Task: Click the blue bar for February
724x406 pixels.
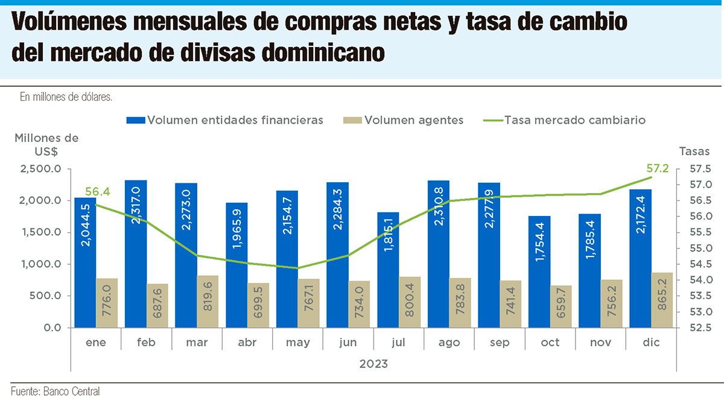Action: [x=136, y=253]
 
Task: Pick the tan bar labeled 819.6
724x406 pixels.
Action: [x=208, y=302]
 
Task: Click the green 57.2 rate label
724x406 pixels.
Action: [x=657, y=168]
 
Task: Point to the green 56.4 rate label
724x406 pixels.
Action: [x=98, y=192]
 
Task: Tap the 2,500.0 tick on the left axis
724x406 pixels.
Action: [x=40, y=169]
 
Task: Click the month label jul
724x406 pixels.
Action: [x=399, y=343]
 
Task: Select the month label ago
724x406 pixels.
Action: [x=449, y=343]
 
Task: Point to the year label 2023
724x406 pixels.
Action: [x=373, y=364]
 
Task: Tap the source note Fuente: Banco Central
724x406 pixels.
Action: [x=55, y=392]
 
